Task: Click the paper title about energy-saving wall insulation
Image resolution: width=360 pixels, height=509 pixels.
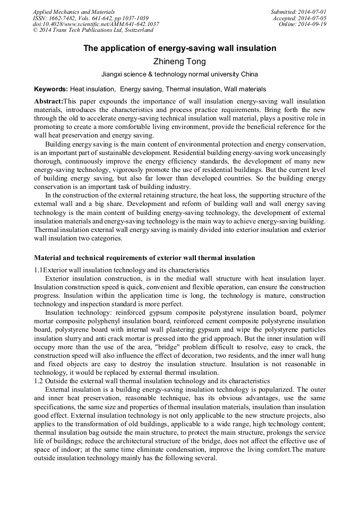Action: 179,48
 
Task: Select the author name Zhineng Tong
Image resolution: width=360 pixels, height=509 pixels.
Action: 179,62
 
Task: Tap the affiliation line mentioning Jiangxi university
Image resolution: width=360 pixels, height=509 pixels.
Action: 179,75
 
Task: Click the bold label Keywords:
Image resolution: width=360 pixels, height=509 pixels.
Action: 51,89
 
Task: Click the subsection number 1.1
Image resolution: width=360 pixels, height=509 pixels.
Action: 38,270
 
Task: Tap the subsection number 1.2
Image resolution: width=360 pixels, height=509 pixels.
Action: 38,381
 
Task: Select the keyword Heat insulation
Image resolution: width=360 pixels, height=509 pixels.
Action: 92,89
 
